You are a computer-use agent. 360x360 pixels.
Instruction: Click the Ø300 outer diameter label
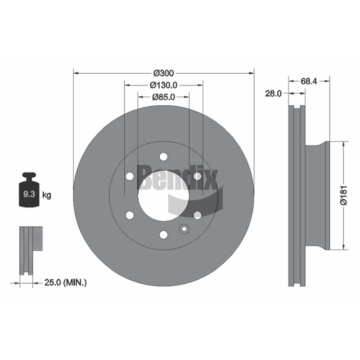tap(164, 73)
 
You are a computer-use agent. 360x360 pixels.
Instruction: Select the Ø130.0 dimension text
tap(163, 85)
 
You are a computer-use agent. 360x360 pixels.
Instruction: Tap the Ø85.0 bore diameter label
tap(163, 97)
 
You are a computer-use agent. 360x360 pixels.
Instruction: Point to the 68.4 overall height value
tap(309, 81)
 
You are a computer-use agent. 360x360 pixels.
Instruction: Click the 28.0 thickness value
tap(273, 94)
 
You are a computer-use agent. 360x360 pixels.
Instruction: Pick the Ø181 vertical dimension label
tap(344, 195)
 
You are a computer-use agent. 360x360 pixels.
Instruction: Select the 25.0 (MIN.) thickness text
tap(66, 283)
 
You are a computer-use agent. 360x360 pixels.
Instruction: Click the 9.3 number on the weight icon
tap(29, 194)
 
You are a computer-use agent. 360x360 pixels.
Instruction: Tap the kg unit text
tap(47, 195)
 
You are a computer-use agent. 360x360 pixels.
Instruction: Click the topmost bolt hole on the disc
tap(163, 157)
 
